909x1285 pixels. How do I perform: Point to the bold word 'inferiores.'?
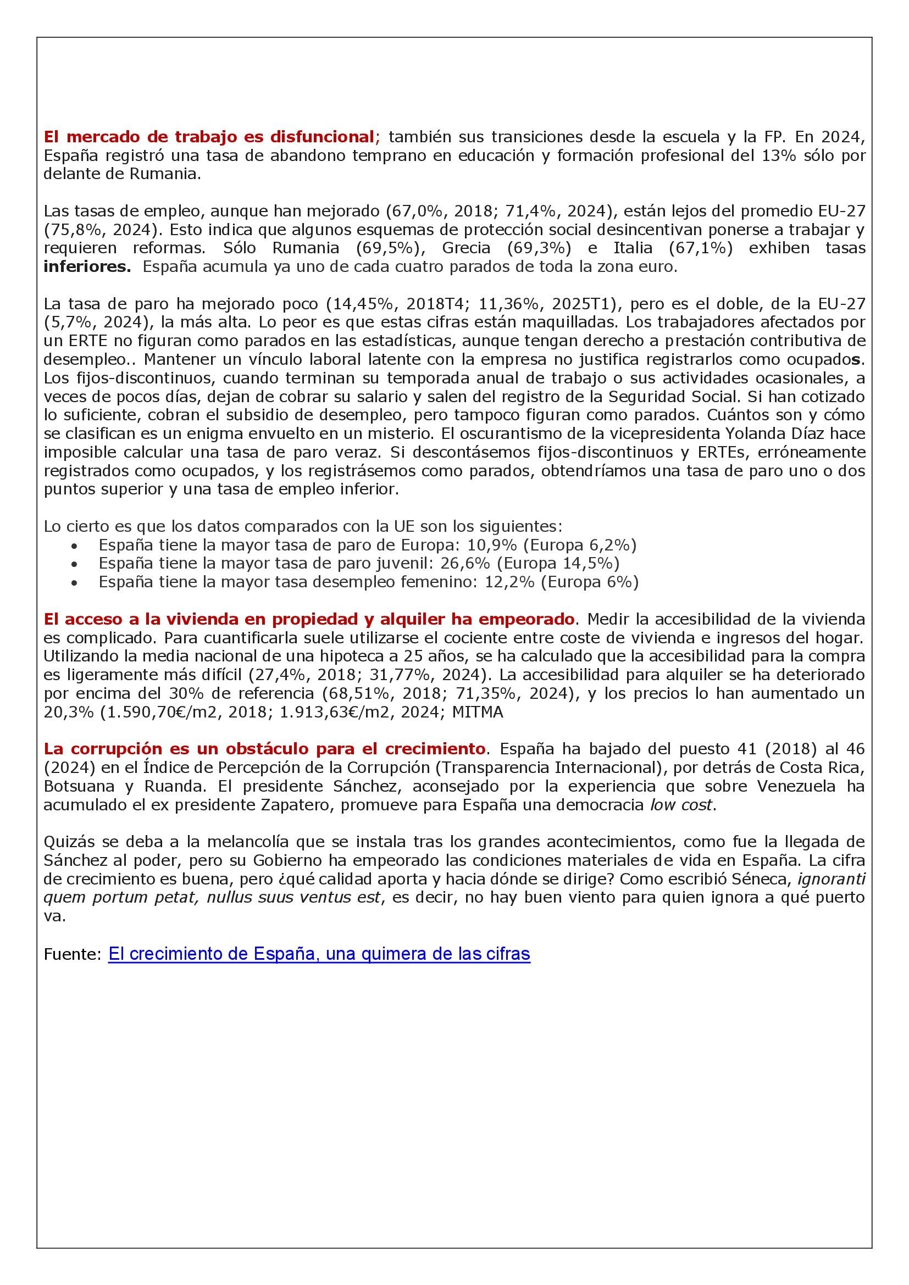87,266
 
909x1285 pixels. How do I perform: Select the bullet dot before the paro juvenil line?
75,564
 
